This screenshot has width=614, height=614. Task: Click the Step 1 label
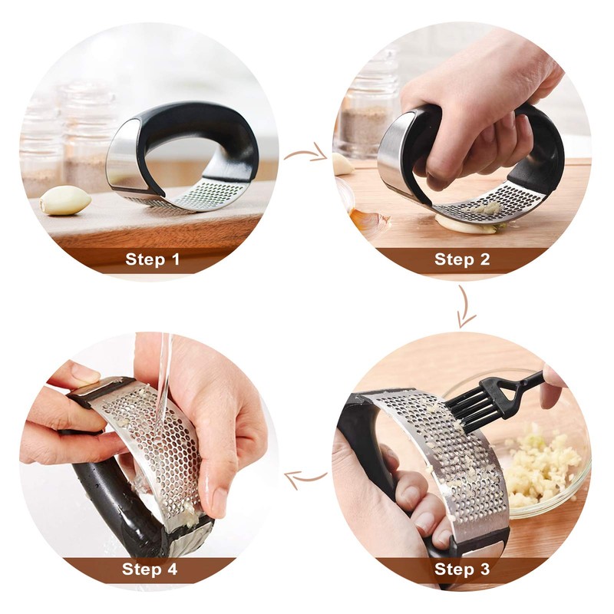pos(152,259)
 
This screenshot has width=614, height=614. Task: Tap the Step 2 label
pos(462,259)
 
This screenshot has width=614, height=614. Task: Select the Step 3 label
pos(462,569)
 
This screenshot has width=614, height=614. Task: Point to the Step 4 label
pos(150,569)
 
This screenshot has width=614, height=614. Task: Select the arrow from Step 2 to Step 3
pos(466,305)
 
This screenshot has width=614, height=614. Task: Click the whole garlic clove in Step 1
pos(65,200)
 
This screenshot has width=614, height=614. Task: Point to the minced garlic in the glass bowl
pos(543,466)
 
